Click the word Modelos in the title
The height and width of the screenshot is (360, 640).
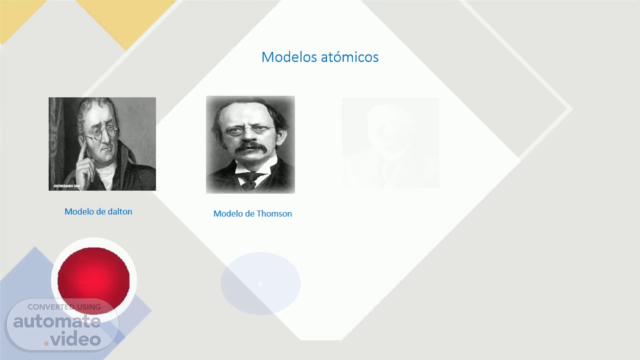click(x=289, y=57)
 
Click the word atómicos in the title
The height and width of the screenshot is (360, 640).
click(x=350, y=57)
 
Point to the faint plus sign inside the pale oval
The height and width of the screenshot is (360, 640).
click(x=260, y=284)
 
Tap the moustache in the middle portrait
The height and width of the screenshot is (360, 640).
click(x=250, y=147)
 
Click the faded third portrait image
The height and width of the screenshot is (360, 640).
click(x=391, y=143)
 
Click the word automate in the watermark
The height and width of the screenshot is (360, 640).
click(x=57, y=321)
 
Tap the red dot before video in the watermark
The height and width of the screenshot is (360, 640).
click(x=47, y=343)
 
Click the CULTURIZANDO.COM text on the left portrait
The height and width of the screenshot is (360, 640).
click(x=67, y=186)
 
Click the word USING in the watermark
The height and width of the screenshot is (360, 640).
click(x=89, y=307)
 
